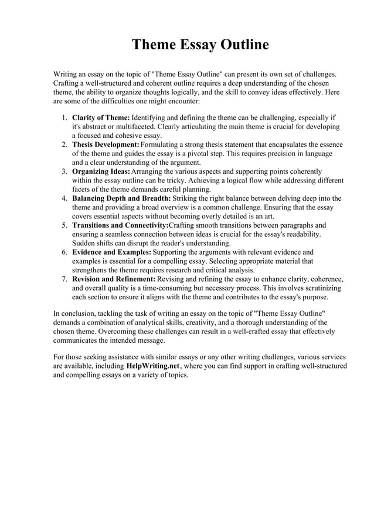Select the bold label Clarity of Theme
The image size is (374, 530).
(x=101, y=117)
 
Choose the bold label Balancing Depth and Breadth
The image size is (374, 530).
(x=121, y=198)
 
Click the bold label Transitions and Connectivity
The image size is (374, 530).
(x=120, y=225)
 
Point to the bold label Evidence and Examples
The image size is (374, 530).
(x=111, y=252)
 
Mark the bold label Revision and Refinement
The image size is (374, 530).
(x=114, y=279)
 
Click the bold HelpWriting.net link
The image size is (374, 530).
(x=151, y=366)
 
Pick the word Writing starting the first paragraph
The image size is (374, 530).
(x=66, y=75)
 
